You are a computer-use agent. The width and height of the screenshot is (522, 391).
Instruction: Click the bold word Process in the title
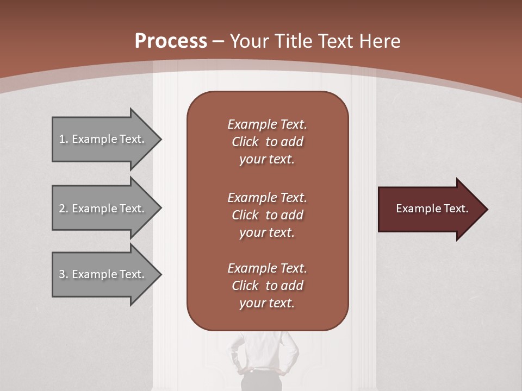171,41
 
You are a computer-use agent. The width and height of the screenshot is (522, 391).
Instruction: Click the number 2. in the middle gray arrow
64,209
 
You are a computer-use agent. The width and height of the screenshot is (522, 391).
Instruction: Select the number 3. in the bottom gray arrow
64,274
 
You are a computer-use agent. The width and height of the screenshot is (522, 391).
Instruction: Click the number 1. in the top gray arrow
64,139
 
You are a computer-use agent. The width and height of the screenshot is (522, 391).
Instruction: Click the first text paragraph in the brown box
267,142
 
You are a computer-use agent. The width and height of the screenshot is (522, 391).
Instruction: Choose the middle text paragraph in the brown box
267,215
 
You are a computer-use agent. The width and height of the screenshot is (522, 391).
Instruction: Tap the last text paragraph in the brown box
267,286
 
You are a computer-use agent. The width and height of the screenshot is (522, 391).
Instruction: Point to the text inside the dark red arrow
432,209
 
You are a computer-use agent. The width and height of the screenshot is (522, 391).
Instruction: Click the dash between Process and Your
218,41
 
